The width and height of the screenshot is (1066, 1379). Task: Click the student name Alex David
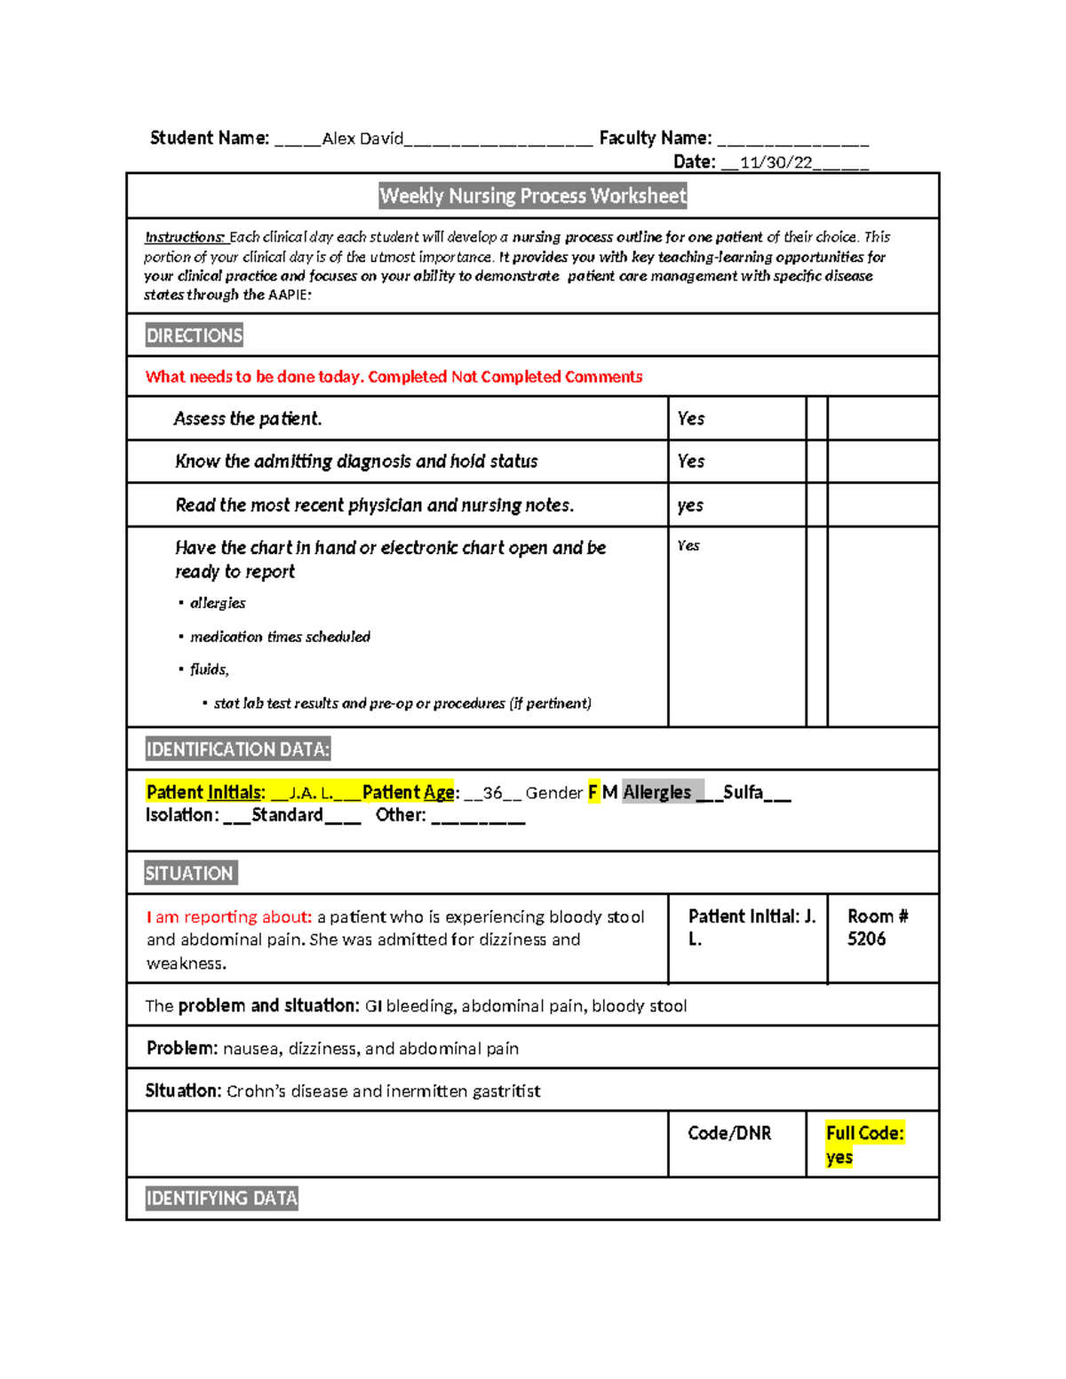[362, 139]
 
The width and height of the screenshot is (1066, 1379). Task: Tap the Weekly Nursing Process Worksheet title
[533, 196]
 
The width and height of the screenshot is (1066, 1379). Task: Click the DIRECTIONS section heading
[194, 336]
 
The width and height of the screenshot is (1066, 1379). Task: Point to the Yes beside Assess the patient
[690, 418]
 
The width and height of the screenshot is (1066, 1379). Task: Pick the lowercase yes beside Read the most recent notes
[689, 505]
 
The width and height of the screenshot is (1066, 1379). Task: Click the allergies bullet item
[218, 603]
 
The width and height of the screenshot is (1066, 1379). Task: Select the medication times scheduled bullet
[280, 637]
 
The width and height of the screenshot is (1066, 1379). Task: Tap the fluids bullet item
[209, 670]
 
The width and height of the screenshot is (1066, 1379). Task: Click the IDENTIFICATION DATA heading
[237, 749]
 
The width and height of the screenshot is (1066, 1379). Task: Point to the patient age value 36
[492, 793]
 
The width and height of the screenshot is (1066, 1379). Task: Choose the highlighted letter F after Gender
[593, 792]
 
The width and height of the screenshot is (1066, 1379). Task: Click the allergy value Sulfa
[743, 792]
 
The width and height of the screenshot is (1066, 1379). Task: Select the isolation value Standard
[287, 815]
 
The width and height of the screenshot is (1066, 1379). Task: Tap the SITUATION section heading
[189, 874]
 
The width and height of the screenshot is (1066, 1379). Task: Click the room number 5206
[866, 939]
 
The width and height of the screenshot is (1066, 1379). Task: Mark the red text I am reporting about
[229, 917]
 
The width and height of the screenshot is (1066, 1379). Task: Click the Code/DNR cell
[729, 1134]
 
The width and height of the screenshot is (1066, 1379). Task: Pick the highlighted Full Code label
[864, 1134]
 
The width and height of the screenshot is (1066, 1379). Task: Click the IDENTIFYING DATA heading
[221, 1199]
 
